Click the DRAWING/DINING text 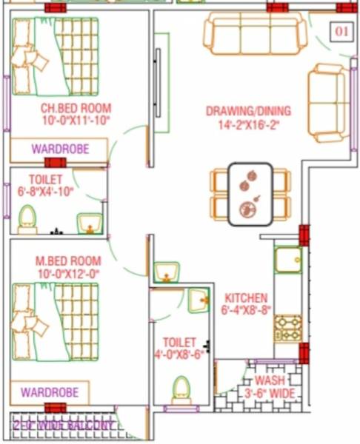(x=248, y=111)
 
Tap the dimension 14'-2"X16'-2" (x=248, y=124)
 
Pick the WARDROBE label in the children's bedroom (x=60, y=149)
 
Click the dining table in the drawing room (x=250, y=194)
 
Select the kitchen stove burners (x=288, y=327)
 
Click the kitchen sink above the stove (x=287, y=260)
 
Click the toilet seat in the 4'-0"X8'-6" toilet (x=181, y=388)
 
